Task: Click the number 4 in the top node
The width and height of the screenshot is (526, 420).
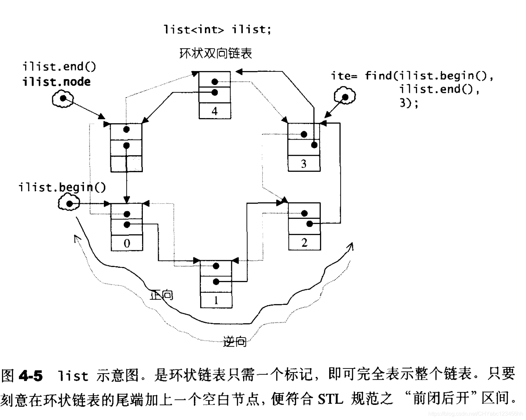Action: point(214,111)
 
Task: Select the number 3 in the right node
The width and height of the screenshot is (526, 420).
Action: point(304,164)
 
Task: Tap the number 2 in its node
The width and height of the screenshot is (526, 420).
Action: point(304,242)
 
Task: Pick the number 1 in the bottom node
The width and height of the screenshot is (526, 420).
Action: point(216,300)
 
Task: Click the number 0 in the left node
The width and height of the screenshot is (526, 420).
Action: point(127,243)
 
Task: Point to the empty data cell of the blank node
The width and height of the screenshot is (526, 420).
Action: point(126,164)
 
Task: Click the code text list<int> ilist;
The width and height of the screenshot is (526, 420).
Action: point(218,29)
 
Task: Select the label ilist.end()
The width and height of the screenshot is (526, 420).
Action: point(59,66)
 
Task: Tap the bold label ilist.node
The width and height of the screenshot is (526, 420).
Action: point(57,82)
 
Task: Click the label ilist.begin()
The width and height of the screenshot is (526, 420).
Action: point(62,187)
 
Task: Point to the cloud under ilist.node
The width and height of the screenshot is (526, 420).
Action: point(63,99)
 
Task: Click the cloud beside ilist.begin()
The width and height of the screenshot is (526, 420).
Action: point(69,204)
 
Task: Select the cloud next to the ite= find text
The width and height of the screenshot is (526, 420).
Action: point(345,96)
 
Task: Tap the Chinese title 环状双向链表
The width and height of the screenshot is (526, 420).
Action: point(216,53)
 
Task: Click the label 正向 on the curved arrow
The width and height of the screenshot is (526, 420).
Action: point(162,295)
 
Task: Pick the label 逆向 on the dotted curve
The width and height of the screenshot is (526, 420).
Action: point(235,341)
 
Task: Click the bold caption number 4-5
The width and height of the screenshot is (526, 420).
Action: point(31,376)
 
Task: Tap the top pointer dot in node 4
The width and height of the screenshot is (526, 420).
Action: point(214,82)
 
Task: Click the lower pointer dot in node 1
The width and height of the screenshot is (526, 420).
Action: point(216,282)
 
